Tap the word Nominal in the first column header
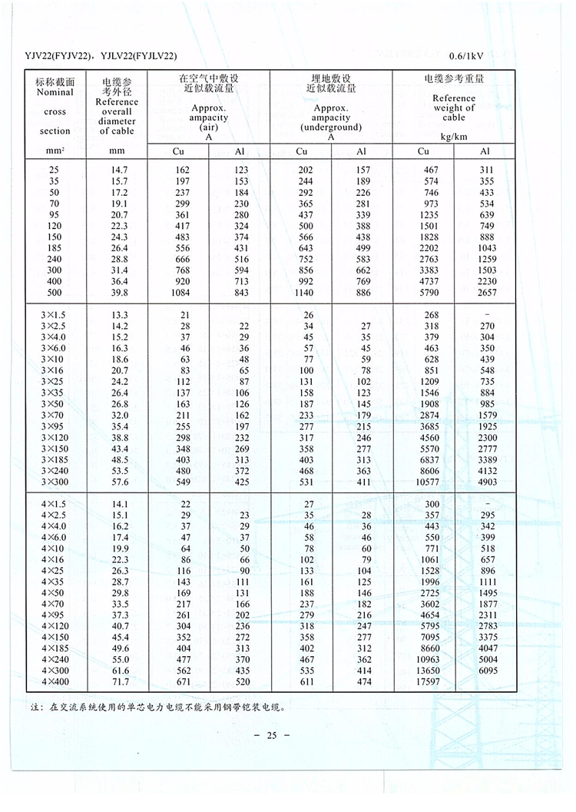(x=55, y=92)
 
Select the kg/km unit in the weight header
(x=454, y=137)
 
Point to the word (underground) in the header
(x=331, y=128)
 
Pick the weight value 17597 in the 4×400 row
(x=423, y=681)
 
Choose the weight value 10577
(x=423, y=482)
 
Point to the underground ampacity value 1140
(x=301, y=293)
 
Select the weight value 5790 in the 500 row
(x=423, y=293)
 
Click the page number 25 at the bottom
(x=270, y=736)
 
